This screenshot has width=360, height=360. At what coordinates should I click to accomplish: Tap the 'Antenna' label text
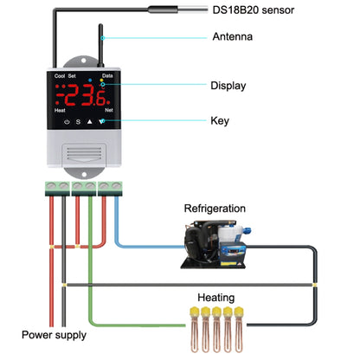pyautogui.click(x=233, y=37)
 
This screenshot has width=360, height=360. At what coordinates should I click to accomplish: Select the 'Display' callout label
pyautogui.click(x=229, y=86)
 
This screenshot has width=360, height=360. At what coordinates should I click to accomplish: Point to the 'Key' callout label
pyautogui.click(x=221, y=121)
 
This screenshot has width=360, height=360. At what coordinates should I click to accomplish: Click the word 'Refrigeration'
pyautogui.click(x=215, y=209)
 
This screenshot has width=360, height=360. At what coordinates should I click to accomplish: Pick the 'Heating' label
pyautogui.click(x=215, y=296)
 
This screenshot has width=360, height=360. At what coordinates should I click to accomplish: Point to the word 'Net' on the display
pyautogui.click(x=109, y=111)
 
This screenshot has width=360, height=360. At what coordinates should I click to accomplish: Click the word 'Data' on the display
pyautogui.click(x=107, y=76)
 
